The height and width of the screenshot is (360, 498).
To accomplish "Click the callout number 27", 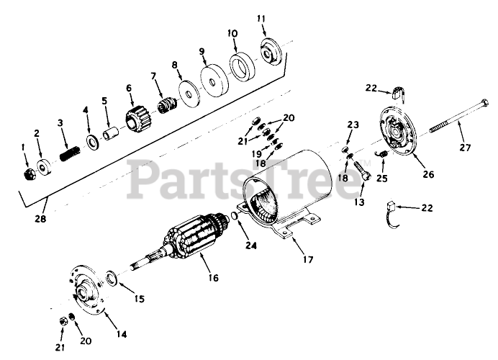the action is click(466, 149).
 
